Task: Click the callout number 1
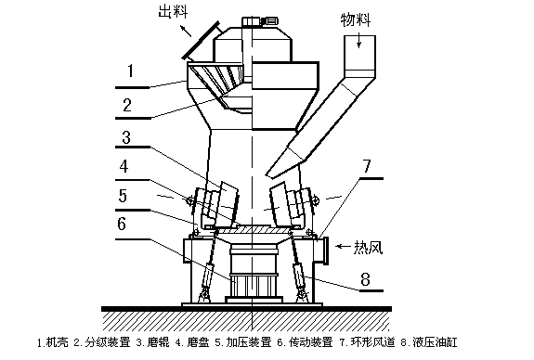coord(130,71)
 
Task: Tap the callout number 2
coord(127,105)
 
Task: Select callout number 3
coord(126,137)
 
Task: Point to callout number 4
coord(124,166)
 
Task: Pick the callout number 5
coord(123,196)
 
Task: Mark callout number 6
coord(122,224)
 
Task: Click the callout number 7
coord(367,166)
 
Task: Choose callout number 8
coord(365,279)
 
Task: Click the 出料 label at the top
coord(174,11)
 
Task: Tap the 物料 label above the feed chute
coord(356,20)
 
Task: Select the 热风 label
coord(368,247)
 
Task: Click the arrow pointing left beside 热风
coord(343,246)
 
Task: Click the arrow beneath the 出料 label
coord(186,31)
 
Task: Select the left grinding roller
coord(220,204)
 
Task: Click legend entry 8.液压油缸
coord(429,341)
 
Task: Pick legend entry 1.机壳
coord(52,341)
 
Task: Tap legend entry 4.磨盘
coord(192,341)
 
